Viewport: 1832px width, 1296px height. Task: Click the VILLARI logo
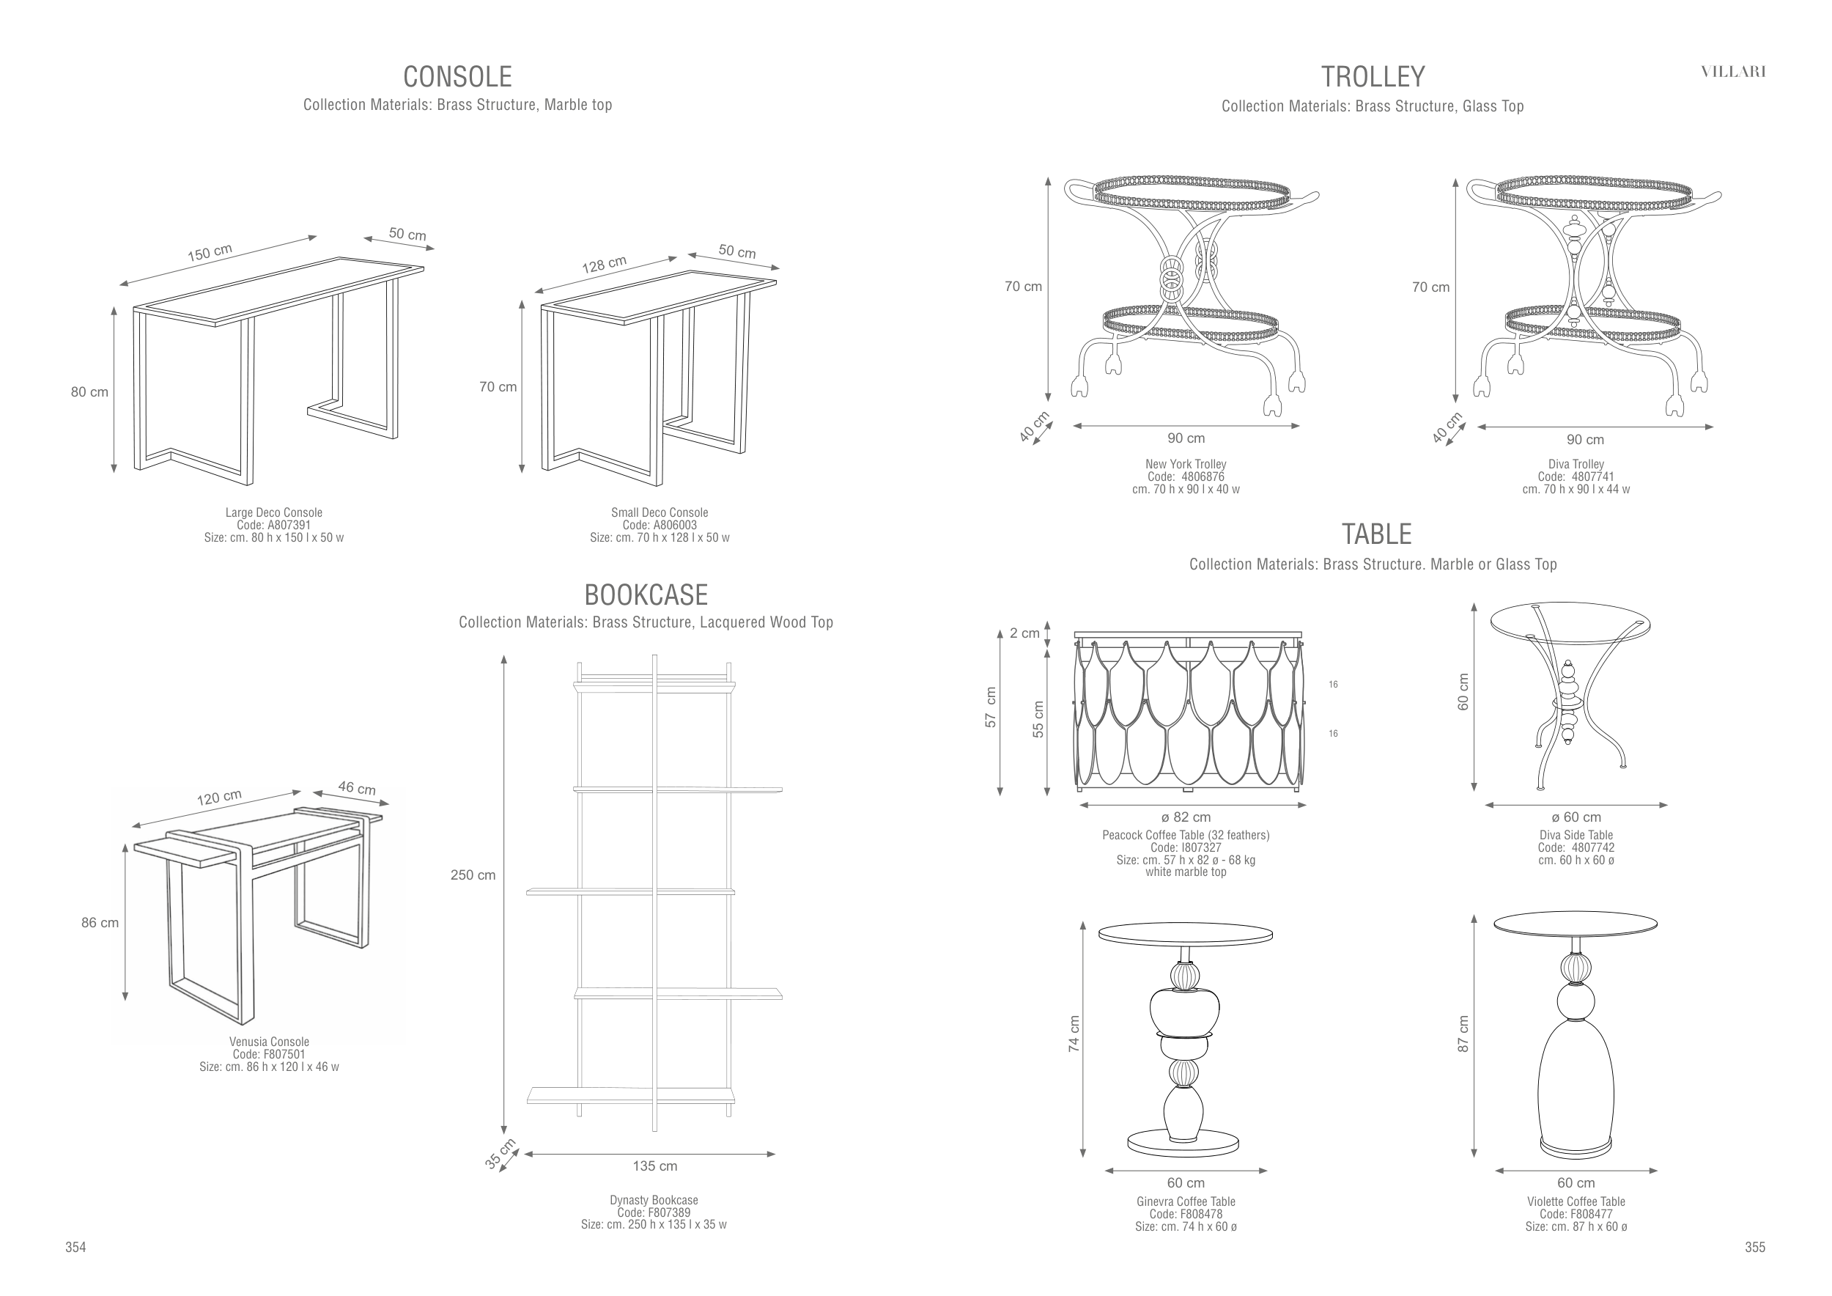tap(1733, 72)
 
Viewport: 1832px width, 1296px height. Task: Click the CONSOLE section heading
tap(457, 77)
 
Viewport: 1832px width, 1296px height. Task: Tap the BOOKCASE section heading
tap(646, 595)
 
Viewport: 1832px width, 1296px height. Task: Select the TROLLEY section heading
tap(1373, 77)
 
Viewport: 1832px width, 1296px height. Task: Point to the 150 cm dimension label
tap(210, 253)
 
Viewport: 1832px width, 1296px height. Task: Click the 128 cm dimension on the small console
tap(604, 264)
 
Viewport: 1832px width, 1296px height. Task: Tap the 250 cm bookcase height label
tap(473, 875)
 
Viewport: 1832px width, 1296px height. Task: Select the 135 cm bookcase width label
tap(655, 1166)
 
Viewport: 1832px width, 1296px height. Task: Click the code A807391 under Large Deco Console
tap(273, 525)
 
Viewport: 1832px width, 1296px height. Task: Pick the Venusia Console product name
tap(269, 1042)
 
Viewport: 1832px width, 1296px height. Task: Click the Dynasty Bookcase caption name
tap(654, 1200)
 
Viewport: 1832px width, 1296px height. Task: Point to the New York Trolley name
tap(1186, 464)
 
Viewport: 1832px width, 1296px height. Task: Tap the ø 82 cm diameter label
tap(1186, 817)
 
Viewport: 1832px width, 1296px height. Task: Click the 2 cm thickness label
tap(1024, 633)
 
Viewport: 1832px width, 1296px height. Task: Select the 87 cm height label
tap(1463, 1034)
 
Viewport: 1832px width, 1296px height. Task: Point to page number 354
tap(75, 1248)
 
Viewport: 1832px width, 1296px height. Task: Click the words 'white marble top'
tap(1186, 872)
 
